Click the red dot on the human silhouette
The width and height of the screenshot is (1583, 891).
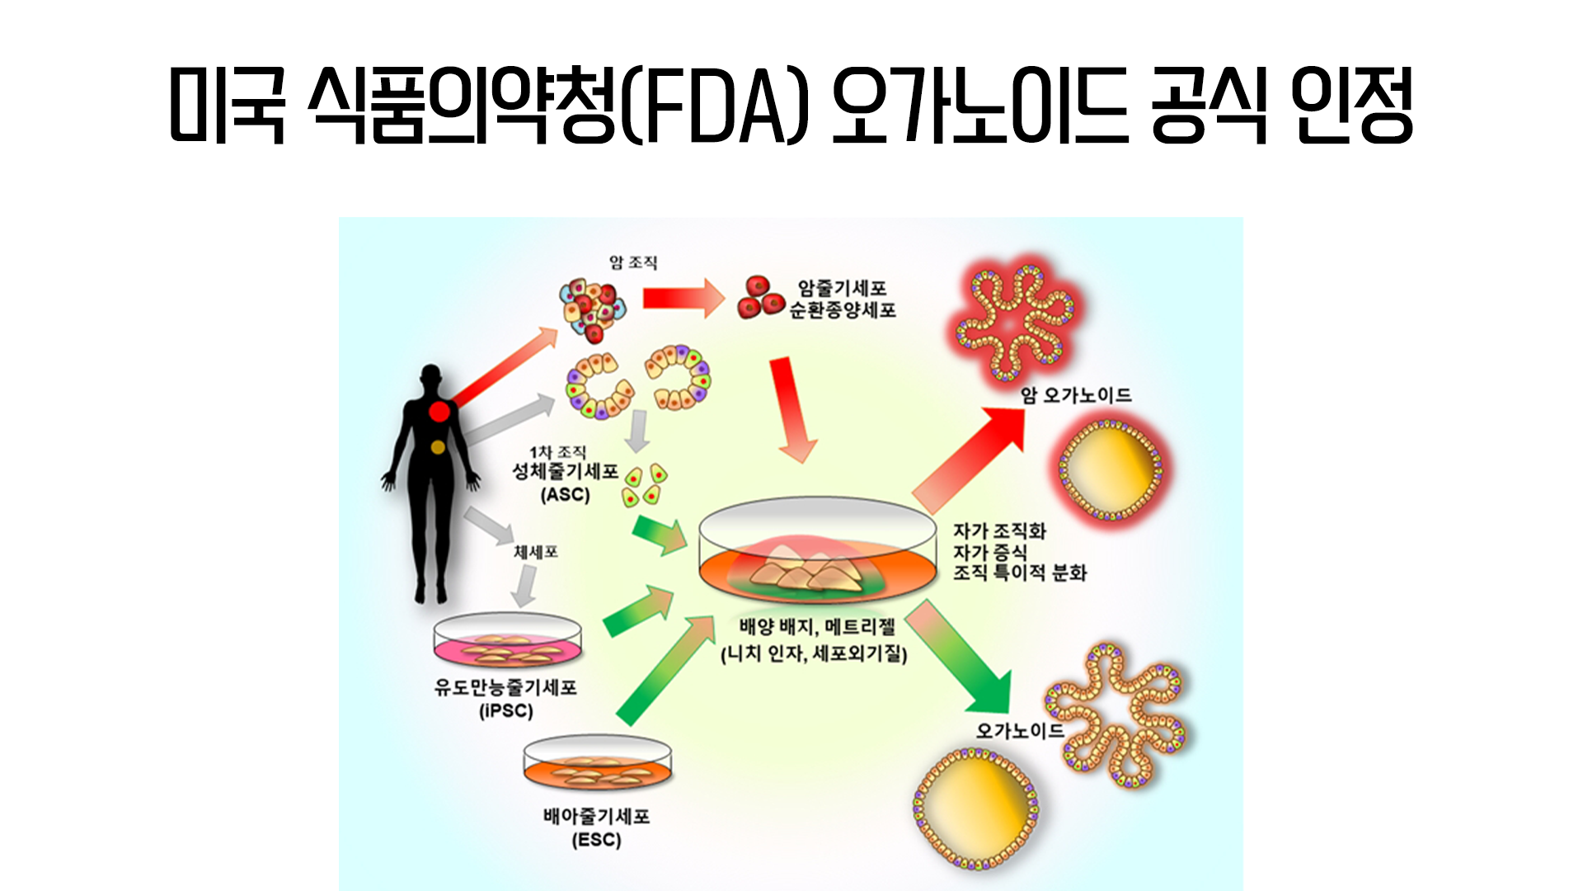tap(439, 411)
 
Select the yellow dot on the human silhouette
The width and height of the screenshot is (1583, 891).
tap(438, 447)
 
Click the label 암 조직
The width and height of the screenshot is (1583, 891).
tap(633, 262)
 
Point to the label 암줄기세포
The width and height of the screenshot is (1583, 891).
tap(842, 288)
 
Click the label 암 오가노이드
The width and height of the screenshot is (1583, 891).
tap(1076, 395)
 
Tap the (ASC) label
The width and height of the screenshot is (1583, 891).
tap(566, 495)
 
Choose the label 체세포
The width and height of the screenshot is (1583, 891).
tap(536, 552)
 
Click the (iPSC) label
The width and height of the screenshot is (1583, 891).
tap(506, 711)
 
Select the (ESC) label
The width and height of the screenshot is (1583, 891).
tap(596, 840)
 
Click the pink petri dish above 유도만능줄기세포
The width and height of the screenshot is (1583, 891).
tap(508, 639)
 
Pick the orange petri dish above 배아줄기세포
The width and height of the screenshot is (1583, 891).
tap(598, 762)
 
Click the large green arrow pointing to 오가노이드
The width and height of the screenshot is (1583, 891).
tap(959, 657)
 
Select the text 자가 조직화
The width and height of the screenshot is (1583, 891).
tap(999, 530)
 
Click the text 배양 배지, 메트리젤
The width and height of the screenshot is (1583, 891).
tap(817, 627)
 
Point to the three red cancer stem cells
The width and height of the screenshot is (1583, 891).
tap(760, 297)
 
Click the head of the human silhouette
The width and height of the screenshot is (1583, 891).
tap(430, 379)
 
